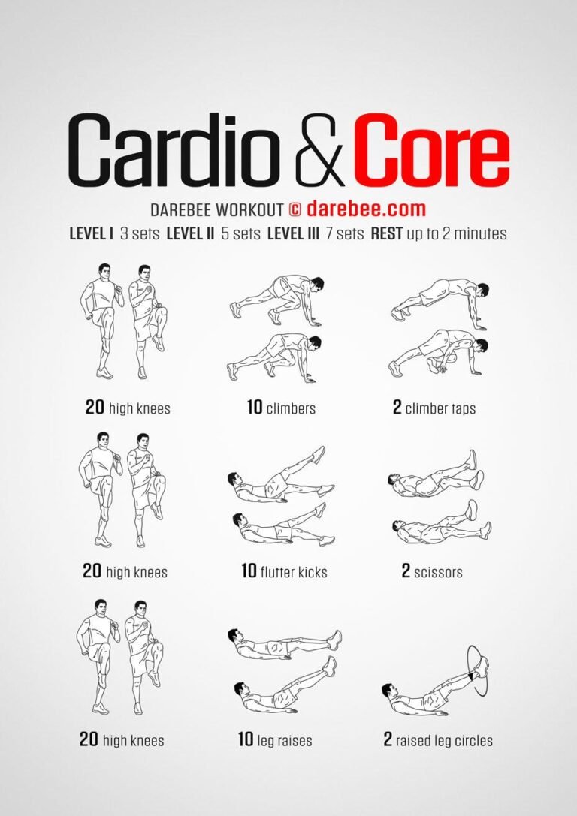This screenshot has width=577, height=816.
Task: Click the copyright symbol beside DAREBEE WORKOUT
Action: click(294, 209)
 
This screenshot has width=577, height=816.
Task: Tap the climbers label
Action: click(291, 408)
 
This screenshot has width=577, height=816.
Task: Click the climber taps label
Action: click(440, 408)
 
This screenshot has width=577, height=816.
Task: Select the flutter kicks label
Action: click(294, 572)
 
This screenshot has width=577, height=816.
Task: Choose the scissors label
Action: click(439, 572)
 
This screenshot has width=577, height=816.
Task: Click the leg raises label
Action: click(284, 740)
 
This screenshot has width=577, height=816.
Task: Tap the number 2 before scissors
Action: click(406, 571)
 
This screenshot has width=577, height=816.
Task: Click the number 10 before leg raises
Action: click(246, 739)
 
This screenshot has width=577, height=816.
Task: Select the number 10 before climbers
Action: click(255, 408)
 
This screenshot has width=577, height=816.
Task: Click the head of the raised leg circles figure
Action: click(388, 690)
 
